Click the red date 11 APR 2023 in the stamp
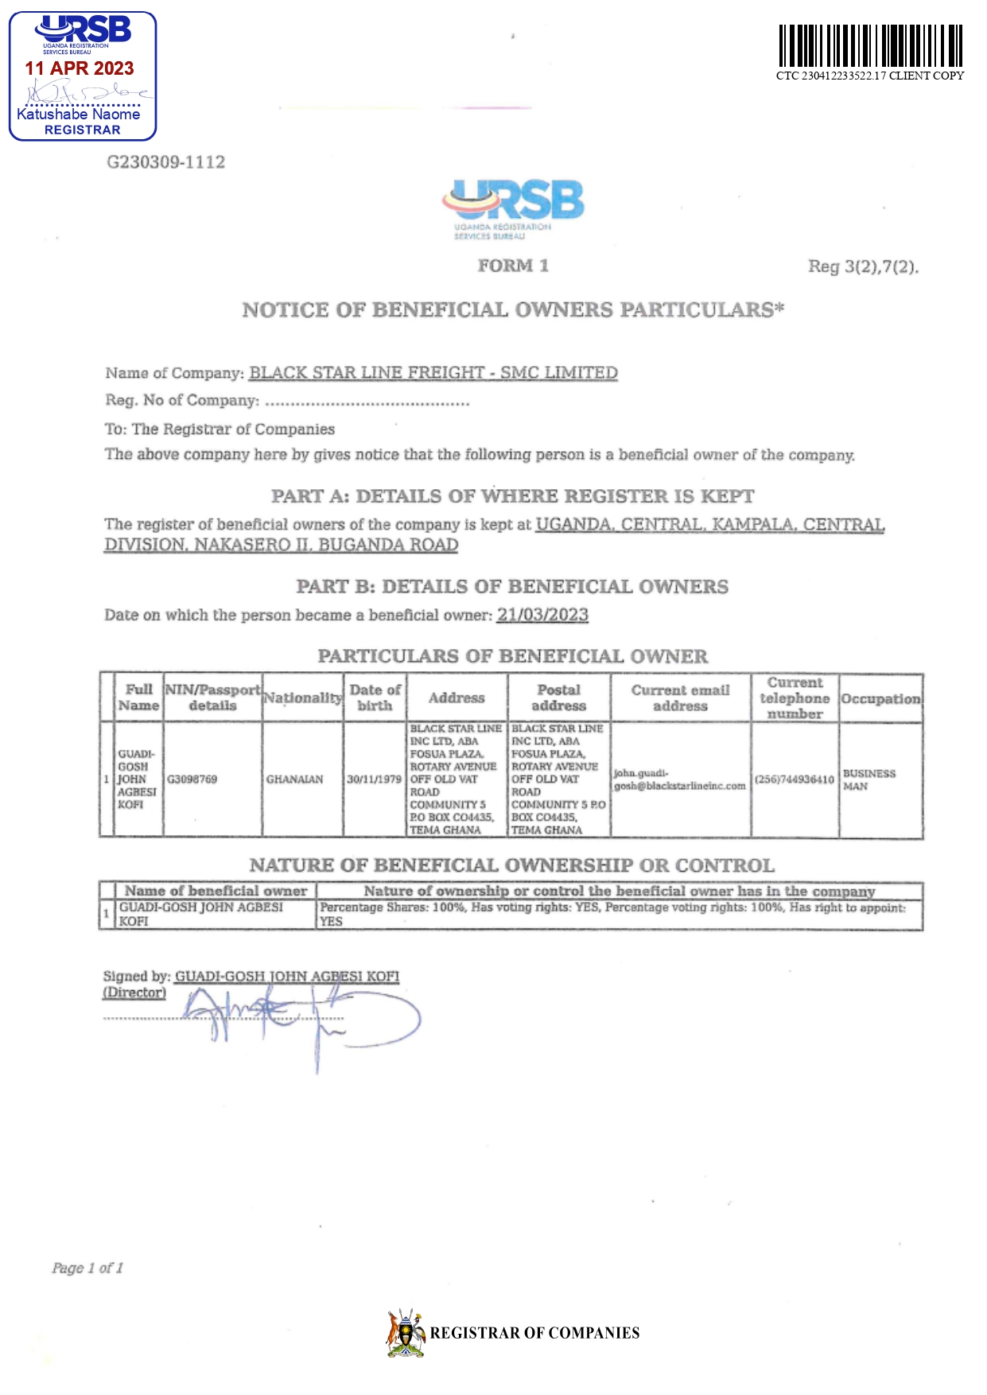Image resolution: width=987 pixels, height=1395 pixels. point(80,68)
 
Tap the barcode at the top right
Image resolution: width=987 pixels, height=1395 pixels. point(870,46)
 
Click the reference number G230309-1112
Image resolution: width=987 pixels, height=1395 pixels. point(166,162)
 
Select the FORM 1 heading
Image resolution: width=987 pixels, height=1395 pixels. point(513,266)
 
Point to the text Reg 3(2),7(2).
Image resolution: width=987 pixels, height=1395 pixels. point(863,266)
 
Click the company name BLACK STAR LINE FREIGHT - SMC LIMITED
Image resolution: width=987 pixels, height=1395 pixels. point(433,373)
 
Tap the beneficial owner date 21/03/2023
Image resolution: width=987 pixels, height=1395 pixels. point(542,615)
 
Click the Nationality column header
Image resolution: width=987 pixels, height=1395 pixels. point(303,698)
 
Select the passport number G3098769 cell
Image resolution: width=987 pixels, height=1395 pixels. point(192,779)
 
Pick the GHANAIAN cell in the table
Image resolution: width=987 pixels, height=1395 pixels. point(295,779)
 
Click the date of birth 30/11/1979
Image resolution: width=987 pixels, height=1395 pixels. point(375,779)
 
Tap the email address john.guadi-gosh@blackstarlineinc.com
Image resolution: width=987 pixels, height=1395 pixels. point(680,779)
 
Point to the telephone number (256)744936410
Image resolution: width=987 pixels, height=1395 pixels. point(795,779)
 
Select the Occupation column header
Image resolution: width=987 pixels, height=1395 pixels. point(881,699)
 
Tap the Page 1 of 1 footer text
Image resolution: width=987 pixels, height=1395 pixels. point(87,1268)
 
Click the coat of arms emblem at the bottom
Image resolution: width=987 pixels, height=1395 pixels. point(406,1333)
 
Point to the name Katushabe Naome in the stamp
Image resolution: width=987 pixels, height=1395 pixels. point(79,115)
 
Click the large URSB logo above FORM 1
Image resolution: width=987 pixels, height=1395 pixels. point(514,204)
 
